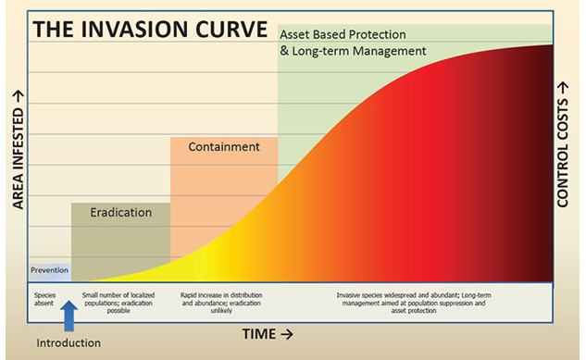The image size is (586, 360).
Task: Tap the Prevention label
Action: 49,271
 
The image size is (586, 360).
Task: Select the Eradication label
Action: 120,212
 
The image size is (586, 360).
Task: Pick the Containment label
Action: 223,147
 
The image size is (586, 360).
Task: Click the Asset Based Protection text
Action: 343,34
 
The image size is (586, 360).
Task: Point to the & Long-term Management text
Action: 353,52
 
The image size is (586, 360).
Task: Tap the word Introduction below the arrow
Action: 69,343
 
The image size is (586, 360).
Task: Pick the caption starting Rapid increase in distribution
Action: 224,299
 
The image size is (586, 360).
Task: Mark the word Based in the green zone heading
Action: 330,34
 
